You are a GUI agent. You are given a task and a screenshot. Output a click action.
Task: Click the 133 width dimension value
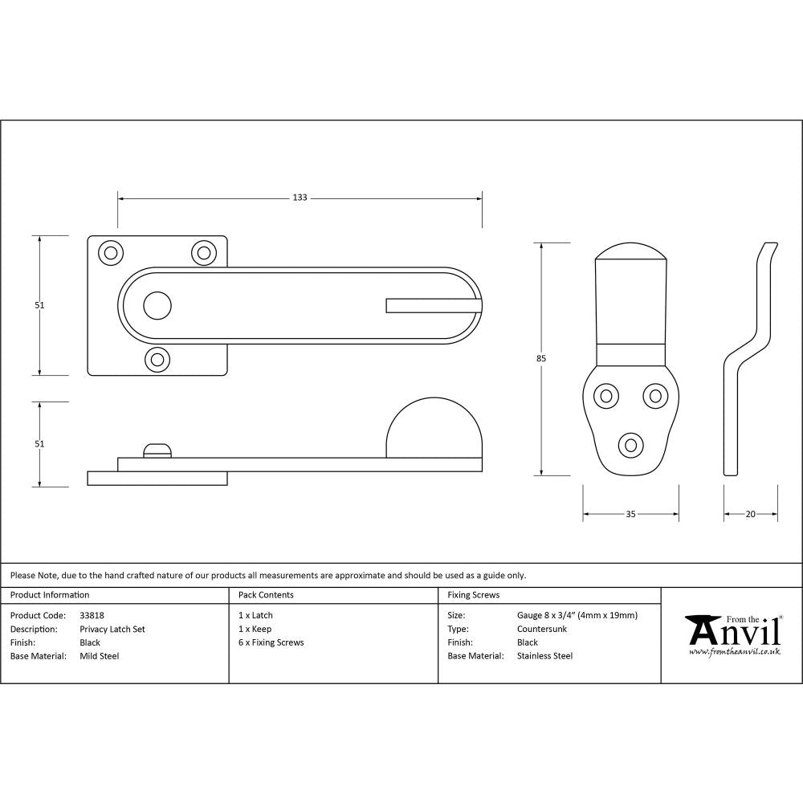(x=300, y=198)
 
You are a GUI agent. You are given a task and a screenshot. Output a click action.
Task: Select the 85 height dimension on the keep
(x=541, y=359)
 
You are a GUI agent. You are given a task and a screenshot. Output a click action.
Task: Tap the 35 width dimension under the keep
(x=630, y=514)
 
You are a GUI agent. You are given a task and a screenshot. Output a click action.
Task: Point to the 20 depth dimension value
(x=751, y=514)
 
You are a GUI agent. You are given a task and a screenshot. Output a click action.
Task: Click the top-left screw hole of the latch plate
(x=112, y=252)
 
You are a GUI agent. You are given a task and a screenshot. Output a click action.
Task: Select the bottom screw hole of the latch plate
(x=157, y=359)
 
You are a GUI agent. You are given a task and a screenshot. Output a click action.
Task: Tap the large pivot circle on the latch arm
(x=157, y=305)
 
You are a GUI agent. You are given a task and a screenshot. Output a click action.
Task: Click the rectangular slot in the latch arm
(x=432, y=305)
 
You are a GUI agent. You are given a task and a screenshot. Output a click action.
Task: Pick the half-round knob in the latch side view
(x=434, y=429)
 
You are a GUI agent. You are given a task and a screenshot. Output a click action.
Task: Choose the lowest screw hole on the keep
(x=630, y=444)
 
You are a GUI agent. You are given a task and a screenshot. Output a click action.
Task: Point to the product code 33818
(x=92, y=616)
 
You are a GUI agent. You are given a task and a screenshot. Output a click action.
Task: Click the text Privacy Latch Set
(x=112, y=630)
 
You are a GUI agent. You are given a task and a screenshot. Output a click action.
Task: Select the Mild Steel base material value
(x=100, y=656)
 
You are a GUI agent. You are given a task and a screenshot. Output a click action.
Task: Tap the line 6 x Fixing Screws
(x=271, y=642)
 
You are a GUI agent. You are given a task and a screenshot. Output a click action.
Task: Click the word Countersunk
(x=542, y=630)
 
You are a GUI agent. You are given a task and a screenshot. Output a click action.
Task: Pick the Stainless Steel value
(x=545, y=656)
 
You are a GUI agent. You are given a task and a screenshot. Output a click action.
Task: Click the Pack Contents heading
(x=266, y=595)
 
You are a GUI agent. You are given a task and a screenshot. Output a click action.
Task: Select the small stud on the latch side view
(x=157, y=450)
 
